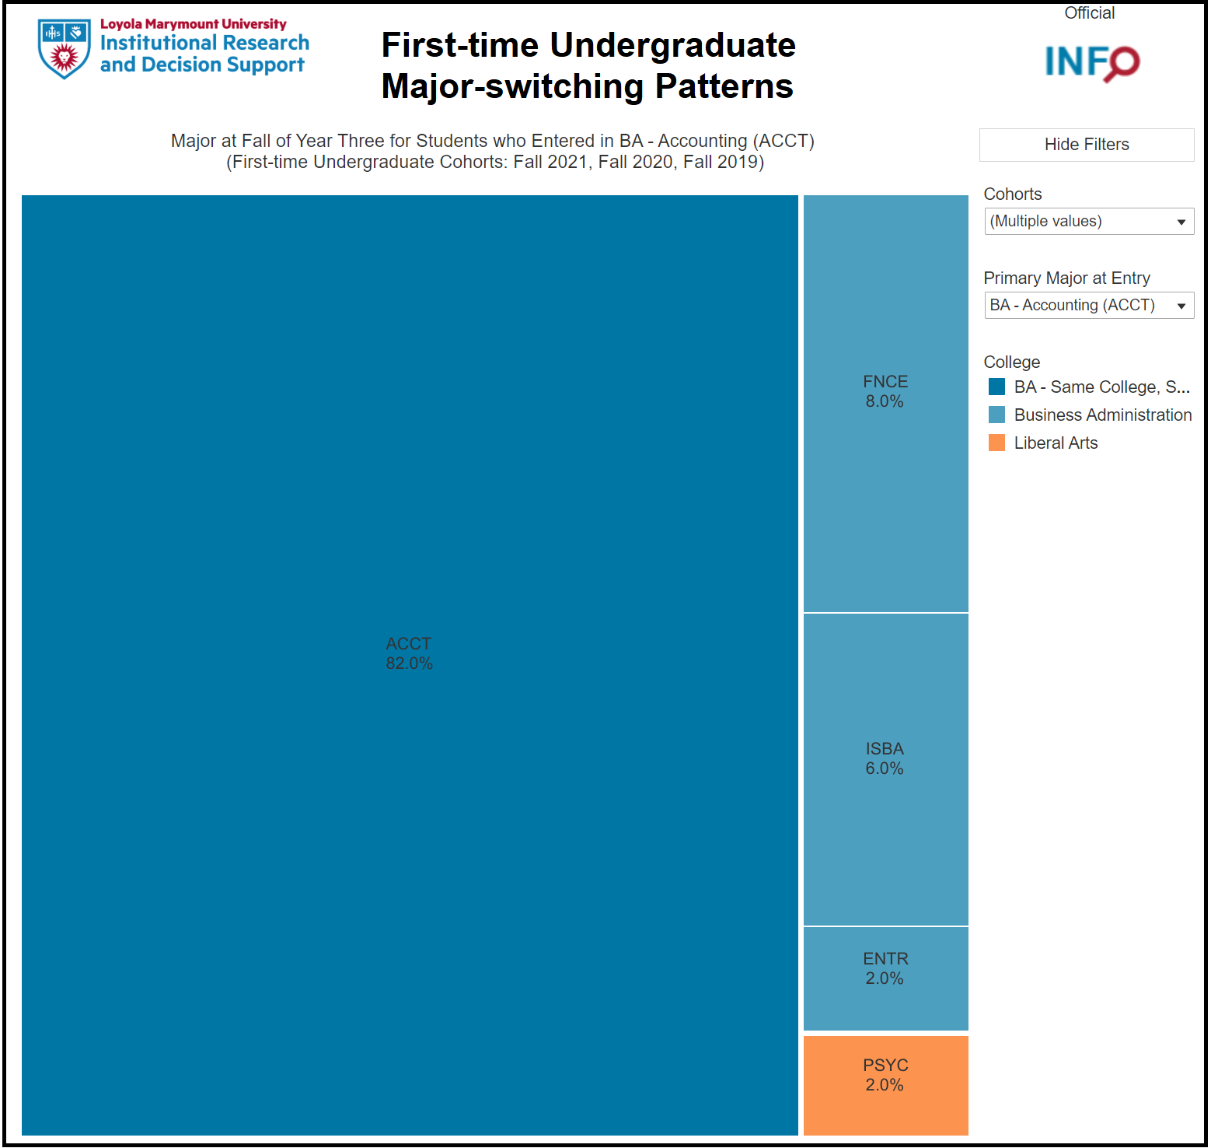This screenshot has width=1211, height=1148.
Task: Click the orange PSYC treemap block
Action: click(885, 1085)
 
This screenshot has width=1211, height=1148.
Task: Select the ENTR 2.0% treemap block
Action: click(885, 978)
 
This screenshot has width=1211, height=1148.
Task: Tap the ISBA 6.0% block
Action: click(885, 769)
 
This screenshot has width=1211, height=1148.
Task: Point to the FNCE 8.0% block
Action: click(885, 404)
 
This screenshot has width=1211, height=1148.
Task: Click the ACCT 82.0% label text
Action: click(409, 653)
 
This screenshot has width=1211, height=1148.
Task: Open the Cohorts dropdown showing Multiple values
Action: click(1089, 221)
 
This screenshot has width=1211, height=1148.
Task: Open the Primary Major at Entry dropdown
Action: click(1089, 305)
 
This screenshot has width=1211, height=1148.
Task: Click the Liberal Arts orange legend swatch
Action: click(996, 443)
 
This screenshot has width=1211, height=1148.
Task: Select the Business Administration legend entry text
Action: click(1103, 415)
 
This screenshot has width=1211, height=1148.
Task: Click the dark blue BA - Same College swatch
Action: click(996, 387)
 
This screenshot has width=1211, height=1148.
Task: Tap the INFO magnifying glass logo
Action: click(1092, 62)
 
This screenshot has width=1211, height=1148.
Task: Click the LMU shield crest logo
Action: click(64, 49)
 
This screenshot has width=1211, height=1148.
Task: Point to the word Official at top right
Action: click(1089, 13)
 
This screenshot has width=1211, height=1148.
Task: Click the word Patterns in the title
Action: click(724, 86)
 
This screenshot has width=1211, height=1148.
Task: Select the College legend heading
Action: click(1011, 362)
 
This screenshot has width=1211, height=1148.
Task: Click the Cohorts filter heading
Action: click(1013, 194)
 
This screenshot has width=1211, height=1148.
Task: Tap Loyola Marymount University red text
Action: click(194, 24)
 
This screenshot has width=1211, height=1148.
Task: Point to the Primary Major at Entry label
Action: click(1066, 278)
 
